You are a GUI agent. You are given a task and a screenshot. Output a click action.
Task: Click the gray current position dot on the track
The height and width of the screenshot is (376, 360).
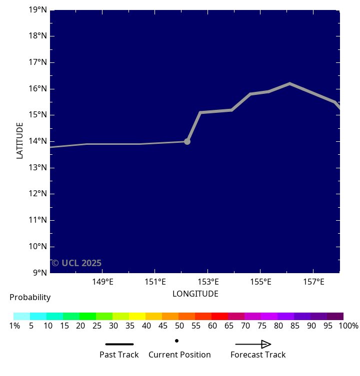(187, 141)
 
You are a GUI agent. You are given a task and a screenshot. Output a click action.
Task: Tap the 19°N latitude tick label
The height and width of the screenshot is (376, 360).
(37, 9)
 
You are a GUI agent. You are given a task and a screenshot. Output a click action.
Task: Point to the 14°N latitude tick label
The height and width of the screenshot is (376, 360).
(37, 141)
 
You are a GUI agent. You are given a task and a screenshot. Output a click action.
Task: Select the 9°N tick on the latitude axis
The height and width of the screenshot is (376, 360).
(39, 273)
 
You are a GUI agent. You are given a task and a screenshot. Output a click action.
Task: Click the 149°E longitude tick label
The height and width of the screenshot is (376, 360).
(102, 282)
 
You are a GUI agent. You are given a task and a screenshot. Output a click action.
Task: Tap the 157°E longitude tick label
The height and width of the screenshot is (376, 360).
(313, 282)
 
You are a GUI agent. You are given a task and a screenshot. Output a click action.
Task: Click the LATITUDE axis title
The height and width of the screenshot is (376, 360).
(20, 141)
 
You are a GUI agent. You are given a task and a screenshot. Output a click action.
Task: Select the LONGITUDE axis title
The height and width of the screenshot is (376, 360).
(195, 294)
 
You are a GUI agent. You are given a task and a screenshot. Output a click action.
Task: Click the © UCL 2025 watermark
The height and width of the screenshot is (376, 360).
(76, 263)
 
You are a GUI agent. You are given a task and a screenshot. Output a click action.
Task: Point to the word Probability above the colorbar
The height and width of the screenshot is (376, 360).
(30, 298)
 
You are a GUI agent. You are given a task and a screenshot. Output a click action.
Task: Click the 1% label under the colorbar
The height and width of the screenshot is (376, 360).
(14, 326)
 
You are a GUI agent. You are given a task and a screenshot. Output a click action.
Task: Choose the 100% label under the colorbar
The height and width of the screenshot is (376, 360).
(348, 326)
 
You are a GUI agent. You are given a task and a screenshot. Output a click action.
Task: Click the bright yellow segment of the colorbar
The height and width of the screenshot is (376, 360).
(137, 316)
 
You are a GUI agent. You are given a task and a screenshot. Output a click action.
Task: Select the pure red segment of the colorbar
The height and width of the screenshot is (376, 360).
(219, 316)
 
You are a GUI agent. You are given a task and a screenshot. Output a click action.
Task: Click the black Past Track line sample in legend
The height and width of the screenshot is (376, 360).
(119, 344)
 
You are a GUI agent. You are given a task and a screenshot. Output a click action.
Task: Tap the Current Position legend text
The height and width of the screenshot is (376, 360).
(179, 355)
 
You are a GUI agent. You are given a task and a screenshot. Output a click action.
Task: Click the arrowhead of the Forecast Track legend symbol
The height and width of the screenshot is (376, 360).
(266, 344)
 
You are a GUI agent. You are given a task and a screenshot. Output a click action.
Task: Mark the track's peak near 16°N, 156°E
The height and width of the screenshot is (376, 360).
(289, 83)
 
